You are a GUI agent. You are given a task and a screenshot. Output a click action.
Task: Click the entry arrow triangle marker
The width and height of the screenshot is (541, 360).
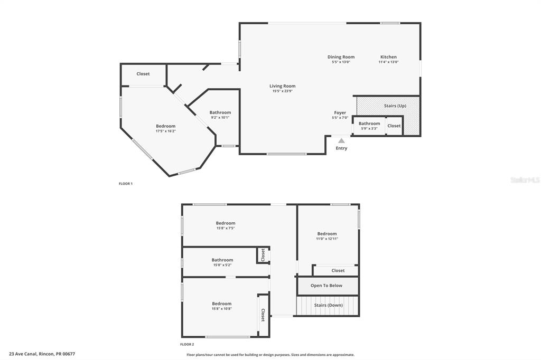click(341, 140)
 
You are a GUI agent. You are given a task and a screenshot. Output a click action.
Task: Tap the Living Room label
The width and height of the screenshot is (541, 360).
click(282, 86)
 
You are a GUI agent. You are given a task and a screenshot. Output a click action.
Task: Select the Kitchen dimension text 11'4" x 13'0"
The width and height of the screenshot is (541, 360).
click(388, 62)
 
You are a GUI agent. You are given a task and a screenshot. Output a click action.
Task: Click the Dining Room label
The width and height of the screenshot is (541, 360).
click(341, 57)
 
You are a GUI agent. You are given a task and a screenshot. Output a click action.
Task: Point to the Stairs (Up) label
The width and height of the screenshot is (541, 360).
click(395, 106)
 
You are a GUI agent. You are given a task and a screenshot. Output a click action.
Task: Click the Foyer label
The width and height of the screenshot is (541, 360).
click(340, 112)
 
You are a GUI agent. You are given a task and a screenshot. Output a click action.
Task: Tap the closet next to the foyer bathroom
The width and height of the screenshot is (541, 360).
click(394, 126)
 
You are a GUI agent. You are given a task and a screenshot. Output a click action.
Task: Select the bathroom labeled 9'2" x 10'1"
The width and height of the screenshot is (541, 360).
click(220, 112)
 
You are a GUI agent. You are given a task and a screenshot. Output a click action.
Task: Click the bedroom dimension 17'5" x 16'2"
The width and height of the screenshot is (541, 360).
click(165, 131)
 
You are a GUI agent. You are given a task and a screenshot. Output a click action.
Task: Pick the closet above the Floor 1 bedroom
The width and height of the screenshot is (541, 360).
click(143, 74)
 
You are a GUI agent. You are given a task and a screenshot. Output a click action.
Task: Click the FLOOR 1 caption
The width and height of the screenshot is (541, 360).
click(126, 184)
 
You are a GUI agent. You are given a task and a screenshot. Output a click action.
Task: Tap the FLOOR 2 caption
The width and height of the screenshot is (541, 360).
click(187, 344)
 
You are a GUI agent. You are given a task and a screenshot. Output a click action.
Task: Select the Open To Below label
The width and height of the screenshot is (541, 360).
click(326, 286)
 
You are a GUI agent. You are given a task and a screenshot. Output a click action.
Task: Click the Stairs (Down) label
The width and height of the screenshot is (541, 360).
click(329, 305)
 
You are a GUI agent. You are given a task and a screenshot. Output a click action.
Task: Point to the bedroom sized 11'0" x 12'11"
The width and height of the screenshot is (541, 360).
click(327, 234)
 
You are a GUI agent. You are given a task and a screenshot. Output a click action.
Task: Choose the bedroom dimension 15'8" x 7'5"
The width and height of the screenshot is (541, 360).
click(226, 228)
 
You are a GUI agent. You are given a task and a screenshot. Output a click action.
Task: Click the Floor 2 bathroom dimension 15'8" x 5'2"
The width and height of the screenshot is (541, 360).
click(222, 265)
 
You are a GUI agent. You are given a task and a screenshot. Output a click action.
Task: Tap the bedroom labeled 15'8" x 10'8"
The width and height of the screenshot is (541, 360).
click(222, 304)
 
